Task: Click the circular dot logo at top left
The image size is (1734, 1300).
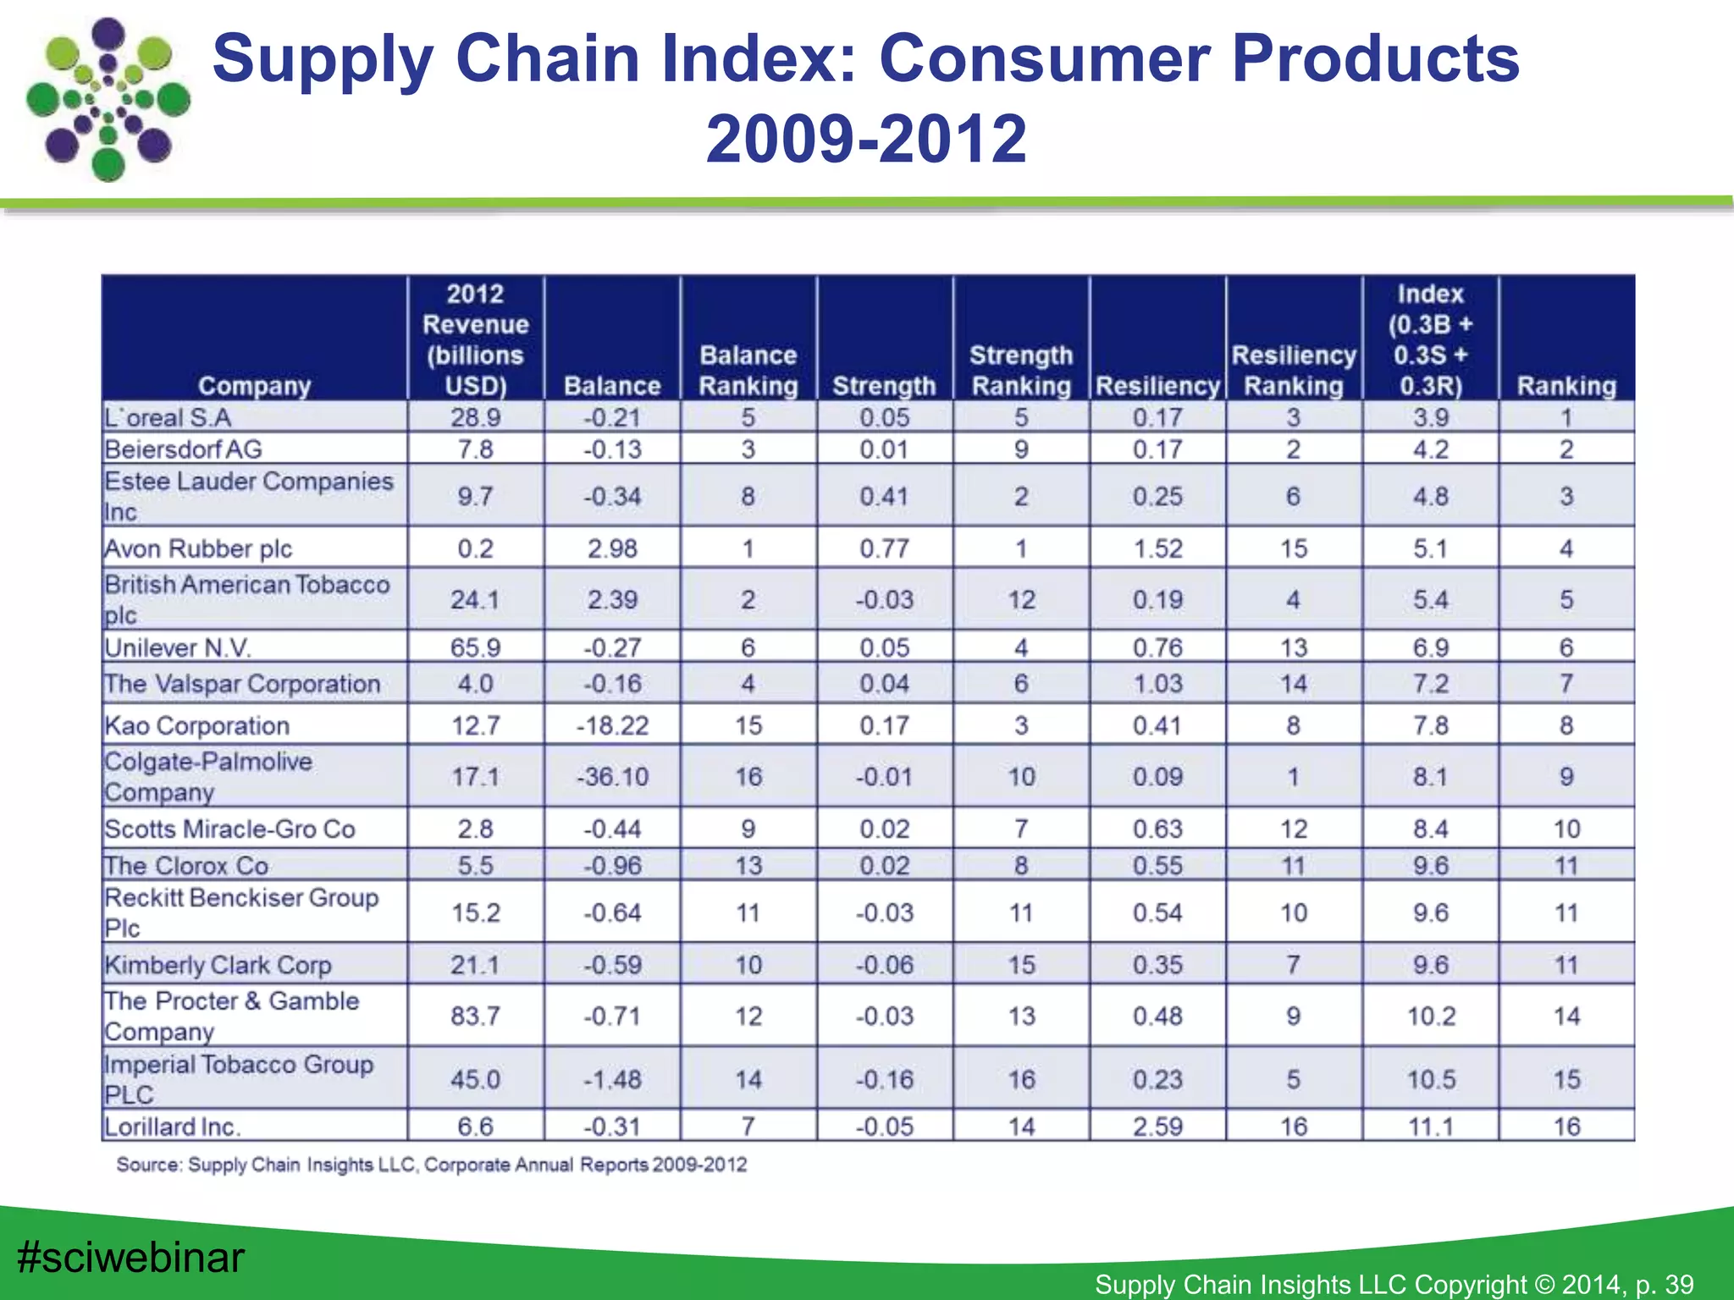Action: (108, 100)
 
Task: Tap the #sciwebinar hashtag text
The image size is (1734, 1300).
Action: (130, 1257)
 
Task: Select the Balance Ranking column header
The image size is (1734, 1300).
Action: (748, 371)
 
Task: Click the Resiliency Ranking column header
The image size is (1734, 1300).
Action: (1293, 371)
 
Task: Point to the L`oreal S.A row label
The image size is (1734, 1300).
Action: (168, 417)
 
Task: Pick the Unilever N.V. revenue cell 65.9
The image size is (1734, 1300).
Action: (475, 647)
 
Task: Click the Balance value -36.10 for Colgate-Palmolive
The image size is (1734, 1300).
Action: (612, 776)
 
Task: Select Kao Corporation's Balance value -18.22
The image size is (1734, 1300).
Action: (612, 725)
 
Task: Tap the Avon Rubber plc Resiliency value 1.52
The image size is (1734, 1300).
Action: (1157, 548)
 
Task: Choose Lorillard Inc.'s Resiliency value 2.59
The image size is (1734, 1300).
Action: (1157, 1126)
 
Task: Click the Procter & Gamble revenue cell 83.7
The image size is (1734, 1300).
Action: (475, 1016)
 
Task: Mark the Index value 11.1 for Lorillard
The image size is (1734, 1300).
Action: (1431, 1126)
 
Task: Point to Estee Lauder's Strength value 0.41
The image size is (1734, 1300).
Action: (884, 496)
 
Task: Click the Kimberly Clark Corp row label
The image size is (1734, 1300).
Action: (218, 965)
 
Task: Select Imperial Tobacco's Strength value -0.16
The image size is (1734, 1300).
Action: (884, 1079)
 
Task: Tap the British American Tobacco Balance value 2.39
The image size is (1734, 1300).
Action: (612, 599)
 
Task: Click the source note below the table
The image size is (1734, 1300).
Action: (432, 1165)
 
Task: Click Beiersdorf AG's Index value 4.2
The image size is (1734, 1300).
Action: (1431, 449)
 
